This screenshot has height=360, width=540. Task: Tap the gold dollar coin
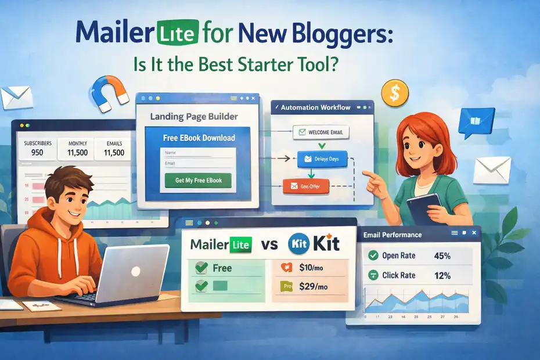coord(395,92)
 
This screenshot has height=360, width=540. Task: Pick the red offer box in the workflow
coord(305,186)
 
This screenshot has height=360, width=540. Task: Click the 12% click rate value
coord(442,276)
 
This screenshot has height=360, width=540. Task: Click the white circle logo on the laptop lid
coord(135,271)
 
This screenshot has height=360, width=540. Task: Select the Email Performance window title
coord(393,235)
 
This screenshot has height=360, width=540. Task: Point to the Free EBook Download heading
coord(199,138)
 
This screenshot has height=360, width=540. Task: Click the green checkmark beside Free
coord(201,268)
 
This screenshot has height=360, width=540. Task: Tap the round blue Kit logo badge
coord(298,244)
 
